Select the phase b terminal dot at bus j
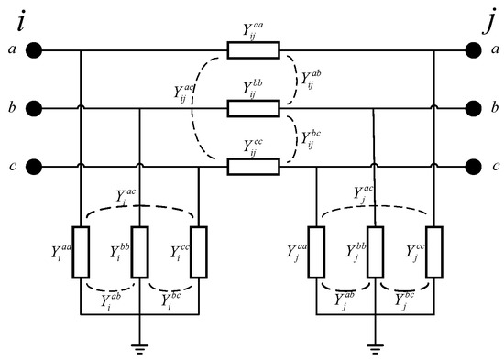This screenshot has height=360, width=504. (x=472, y=109)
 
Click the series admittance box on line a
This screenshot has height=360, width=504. (x=253, y=50)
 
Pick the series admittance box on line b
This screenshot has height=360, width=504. (x=253, y=109)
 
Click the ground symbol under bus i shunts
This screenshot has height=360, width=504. (x=139, y=345)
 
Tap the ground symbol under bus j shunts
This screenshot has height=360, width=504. (x=374, y=345)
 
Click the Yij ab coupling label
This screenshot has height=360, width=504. (x=312, y=78)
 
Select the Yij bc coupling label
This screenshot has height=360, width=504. (x=312, y=139)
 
